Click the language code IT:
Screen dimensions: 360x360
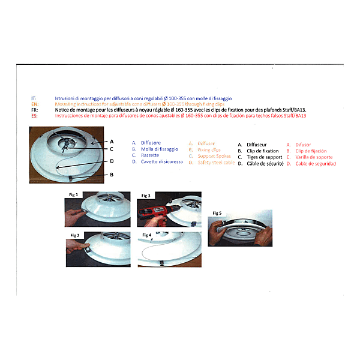(34, 98)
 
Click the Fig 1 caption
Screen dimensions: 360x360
(73, 196)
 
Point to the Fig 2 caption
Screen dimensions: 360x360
(75, 234)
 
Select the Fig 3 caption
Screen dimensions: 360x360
(146, 196)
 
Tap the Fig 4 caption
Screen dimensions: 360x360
(146, 235)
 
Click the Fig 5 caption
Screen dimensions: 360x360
(217, 213)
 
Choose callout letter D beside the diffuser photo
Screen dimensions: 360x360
(112, 161)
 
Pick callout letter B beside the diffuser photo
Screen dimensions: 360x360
(112, 175)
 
